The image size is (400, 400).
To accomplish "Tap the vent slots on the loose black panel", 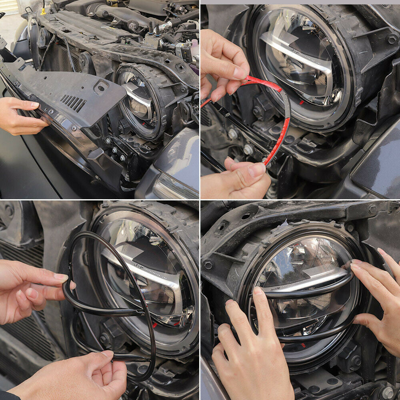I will [74, 103].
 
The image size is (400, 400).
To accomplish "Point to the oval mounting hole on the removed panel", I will [100, 86].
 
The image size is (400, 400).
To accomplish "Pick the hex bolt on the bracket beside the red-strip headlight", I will [391, 39].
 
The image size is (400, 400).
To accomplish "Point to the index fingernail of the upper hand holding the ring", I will [61, 277].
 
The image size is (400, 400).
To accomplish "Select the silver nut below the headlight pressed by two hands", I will [387, 392].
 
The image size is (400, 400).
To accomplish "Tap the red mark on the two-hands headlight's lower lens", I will [303, 345].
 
